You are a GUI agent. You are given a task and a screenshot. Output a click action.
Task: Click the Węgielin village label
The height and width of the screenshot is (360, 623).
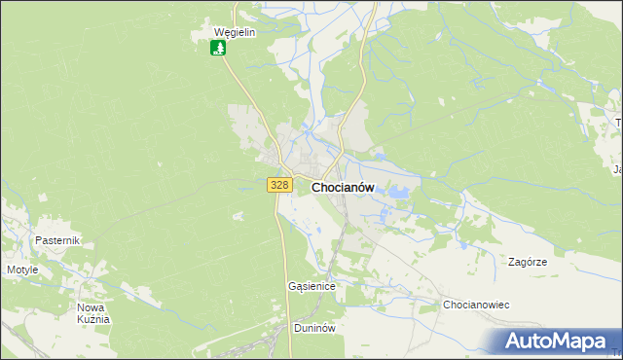234,31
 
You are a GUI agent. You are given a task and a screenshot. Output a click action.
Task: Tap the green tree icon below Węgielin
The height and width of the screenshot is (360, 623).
219,47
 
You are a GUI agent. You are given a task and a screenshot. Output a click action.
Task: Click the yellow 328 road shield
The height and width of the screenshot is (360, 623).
279,185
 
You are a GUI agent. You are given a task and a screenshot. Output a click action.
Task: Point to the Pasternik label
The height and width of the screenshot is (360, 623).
56,240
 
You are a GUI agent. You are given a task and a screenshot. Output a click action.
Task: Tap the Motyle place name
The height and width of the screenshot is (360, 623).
22,270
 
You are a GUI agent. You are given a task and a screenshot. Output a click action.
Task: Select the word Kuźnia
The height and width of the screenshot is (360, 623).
94,319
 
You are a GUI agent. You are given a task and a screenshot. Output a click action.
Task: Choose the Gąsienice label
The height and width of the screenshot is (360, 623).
311,287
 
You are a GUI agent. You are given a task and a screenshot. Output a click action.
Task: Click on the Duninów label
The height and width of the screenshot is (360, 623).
314,328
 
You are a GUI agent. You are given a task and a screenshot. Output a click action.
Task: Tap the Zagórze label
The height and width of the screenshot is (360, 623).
528,263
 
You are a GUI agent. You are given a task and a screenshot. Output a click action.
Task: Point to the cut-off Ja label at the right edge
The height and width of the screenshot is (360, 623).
617,170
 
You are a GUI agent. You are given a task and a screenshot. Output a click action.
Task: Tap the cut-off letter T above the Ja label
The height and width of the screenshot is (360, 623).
618,123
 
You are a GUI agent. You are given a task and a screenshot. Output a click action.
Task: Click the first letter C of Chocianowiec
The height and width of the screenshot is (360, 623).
447,305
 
